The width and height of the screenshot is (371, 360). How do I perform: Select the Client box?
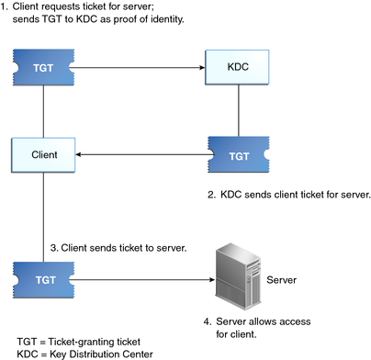pos(42,154)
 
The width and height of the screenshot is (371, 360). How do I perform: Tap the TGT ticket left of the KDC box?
pos(42,67)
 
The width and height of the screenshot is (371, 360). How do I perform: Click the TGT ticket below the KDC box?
pos(238,154)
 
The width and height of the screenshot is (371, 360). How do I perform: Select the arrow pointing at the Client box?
pos(138,154)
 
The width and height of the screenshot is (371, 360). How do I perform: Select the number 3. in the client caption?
pos(54,247)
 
